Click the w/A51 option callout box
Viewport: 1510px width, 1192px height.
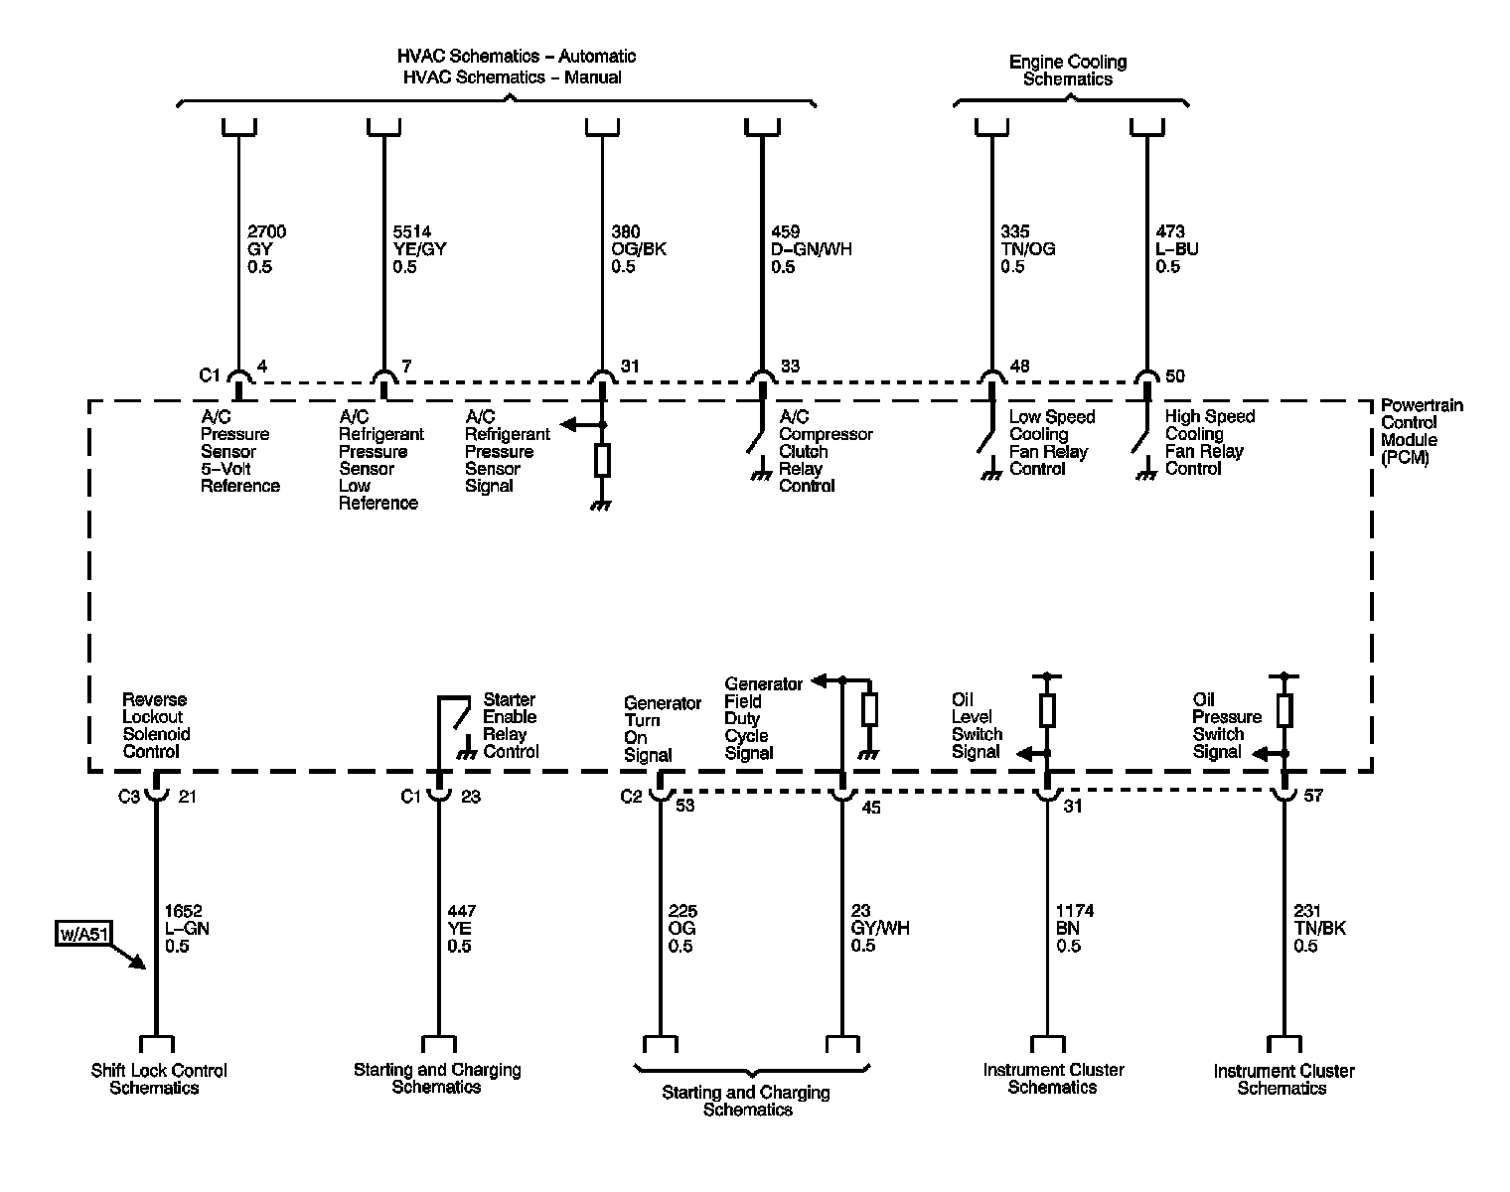click(x=81, y=935)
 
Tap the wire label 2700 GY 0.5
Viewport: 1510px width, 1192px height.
click(x=266, y=249)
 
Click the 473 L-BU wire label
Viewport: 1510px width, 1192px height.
click(x=1177, y=249)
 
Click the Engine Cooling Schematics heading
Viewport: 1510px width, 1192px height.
click(x=1068, y=70)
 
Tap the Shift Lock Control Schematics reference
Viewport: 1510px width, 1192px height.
click(x=159, y=1079)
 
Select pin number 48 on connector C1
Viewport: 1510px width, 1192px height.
click(x=1020, y=367)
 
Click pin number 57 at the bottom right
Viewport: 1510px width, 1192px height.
click(x=1312, y=796)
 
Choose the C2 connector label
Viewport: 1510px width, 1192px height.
click(x=632, y=796)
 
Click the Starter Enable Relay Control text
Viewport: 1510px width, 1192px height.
click(x=511, y=725)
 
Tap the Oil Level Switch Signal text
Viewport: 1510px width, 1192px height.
click(x=977, y=726)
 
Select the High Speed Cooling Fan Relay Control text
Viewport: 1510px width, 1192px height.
click(x=1209, y=442)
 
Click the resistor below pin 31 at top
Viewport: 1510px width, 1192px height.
click(x=601, y=461)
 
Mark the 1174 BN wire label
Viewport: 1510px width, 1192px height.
click(x=1074, y=928)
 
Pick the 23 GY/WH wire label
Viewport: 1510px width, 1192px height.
click(x=879, y=928)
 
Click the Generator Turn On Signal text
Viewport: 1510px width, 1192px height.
click(x=648, y=728)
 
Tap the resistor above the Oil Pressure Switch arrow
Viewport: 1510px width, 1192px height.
click(x=1283, y=710)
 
